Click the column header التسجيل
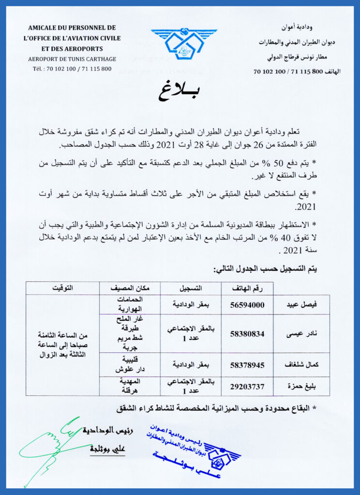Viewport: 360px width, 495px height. tap(191, 289)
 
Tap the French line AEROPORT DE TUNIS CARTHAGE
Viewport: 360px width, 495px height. tap(72, 59)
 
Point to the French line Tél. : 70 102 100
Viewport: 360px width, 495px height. tap(72, 69)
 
